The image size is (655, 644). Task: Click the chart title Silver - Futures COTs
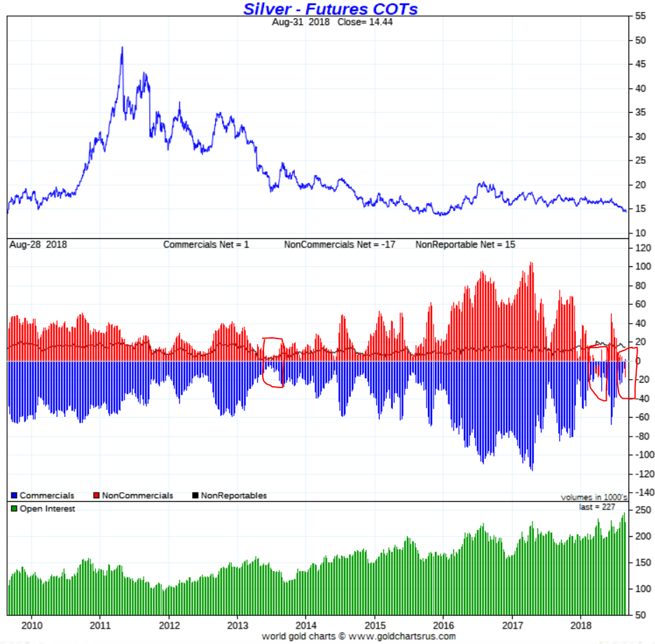(331, 9)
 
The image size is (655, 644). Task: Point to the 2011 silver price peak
(122, 48)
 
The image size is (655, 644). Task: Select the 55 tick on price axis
(640, 15)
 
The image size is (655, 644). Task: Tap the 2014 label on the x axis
(305, 624)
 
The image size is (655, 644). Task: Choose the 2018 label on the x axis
(581, 624)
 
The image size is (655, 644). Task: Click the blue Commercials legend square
(13, 496)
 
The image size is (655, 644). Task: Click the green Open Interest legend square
(13, 509)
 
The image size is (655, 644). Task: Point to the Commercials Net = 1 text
(206, 245)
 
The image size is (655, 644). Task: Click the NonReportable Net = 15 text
(465, 245)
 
